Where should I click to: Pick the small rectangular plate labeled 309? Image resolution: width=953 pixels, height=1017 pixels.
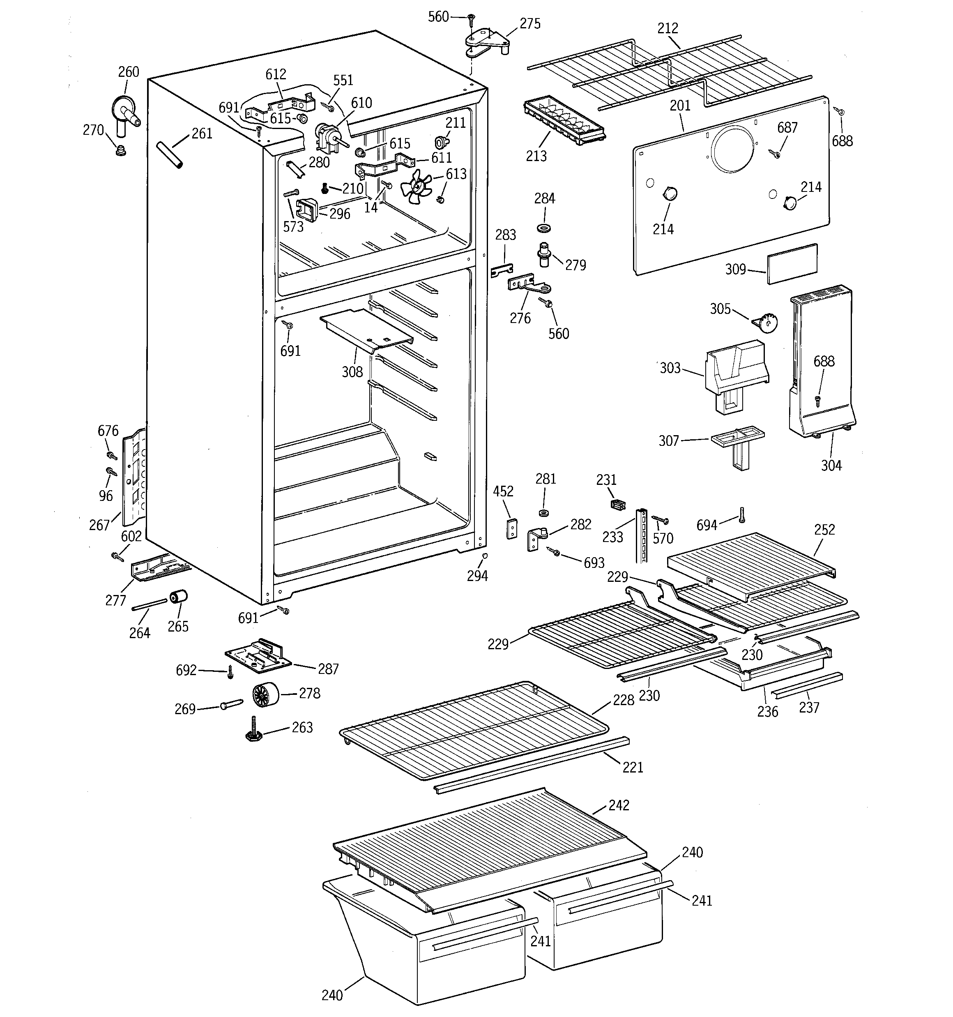pyautogui.click(x=791, y=263)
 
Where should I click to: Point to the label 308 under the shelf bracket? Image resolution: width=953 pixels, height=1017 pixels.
pyautogui.click(x=352, y=372)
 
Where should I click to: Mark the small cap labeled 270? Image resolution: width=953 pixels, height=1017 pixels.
pyautogui.click(x=121, y=150)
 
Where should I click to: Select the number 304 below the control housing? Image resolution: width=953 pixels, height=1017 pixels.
pyautogui.click(x=831, y=465)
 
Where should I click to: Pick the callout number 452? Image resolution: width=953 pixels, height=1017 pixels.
pyautogui.click(x=503, y=491)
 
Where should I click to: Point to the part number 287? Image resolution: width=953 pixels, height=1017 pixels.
pyautogui.click(x=328, y=669)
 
